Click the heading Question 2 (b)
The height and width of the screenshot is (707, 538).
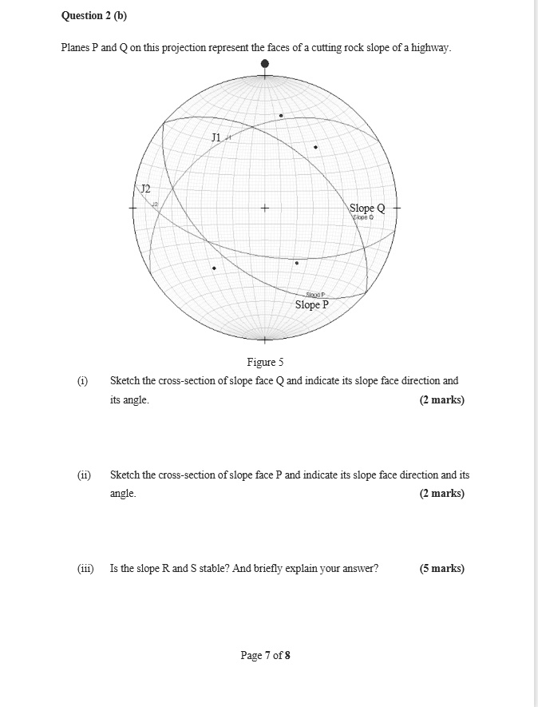pos(94,16)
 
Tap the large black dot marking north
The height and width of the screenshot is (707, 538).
pos(265,63)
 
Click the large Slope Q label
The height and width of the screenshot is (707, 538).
pos(367,208)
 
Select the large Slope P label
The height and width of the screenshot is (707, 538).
pos(311,304)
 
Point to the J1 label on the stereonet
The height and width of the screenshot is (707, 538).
pos(216,138)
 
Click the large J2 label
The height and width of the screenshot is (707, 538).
pos(145,189)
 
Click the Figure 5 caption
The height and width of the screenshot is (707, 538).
pos(265,362)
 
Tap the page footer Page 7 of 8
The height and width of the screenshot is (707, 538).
pos(265,656)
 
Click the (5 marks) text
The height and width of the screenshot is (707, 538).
pos(441,569)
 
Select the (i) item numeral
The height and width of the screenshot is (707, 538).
pos(83,381)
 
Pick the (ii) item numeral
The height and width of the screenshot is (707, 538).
pos(84,475)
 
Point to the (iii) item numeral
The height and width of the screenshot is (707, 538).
pos(85,569)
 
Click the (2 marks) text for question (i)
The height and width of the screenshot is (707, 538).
pos(441,400)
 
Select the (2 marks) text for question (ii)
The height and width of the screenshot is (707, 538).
pos(441,494)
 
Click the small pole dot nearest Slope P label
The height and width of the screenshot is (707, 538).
pos(297,263)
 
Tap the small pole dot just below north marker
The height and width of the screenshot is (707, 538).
pos(281,116)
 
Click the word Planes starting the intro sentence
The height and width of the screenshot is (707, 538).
pos(77,48)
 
